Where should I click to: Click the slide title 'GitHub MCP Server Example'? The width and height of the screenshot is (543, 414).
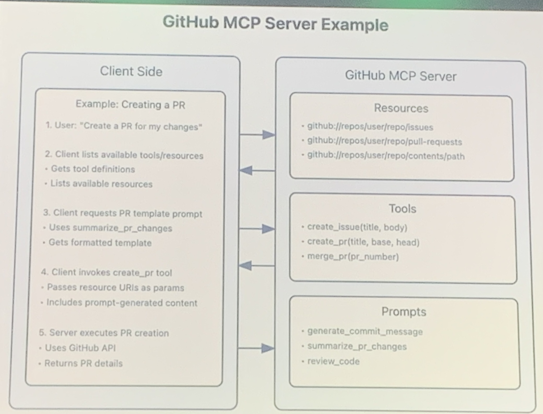pos(275,23)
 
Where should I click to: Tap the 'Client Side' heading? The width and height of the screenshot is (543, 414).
pos(131,71)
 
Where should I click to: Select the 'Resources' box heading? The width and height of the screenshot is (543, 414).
pos(401,108)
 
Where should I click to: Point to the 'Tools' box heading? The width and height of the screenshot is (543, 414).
pos(402,209)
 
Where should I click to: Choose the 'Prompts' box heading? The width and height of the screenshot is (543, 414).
pos(404,312)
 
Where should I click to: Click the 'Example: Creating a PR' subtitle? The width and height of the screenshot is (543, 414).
pos(130,105)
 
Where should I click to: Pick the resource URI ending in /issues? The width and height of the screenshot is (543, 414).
pos(370,127)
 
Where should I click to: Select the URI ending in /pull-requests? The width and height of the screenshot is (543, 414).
pos(384,141)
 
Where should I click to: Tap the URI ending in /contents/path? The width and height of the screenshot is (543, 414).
pos(386,156)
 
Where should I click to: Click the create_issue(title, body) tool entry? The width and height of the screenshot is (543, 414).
pos(357,227)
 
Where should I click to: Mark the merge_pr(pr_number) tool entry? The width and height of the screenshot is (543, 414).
pos(353,257)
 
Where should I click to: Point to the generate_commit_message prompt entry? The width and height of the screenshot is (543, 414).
pos(365,332)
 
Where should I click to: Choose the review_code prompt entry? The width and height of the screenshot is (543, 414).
pos(333,361)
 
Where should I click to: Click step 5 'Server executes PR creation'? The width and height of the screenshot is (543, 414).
pos(104,333)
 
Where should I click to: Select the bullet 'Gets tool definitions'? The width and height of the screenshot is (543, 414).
pos(93,169)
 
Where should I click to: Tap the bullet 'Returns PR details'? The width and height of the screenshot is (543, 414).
pos(83,363)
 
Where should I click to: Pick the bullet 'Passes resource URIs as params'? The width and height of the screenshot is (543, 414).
pos(115,288)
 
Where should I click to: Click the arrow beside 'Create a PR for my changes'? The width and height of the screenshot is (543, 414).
pos(257,135)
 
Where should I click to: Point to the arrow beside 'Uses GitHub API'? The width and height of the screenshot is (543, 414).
pos(256,348)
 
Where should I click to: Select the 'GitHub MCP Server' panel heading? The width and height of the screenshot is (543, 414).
pos(401,76)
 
